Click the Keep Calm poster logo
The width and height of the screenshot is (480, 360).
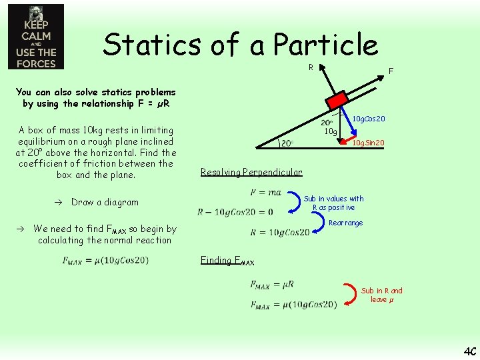pyautogui.click(x=36, y=37)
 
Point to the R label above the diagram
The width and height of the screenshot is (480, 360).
pyautogui.click(x=311, y=67)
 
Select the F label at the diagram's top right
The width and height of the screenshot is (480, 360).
pyautogui.click(x=391, y=71)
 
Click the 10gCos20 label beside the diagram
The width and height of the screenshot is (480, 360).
pyautogui.click(x=369, y=119)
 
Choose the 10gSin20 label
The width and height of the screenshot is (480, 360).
pyautogui.click(x=368, y=143)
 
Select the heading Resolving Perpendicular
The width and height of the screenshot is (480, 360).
pyautogui.click(x=251, y=172)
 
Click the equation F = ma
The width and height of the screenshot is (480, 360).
pyautogui.click(x=265, y=193)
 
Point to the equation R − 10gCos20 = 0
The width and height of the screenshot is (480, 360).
pyautogui.click(x=235, y=212)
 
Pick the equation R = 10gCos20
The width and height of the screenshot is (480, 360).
pyautogui.click(x=280, y=233)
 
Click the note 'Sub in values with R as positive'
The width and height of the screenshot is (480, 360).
pyautogui.click(x=333, y=203)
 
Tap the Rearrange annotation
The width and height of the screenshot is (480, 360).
pyautogui.click(x=345, y=223)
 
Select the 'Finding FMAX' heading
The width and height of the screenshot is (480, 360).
pyautogui.click(x=227, y=261)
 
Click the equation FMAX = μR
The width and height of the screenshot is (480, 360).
pyautogui.click(x=272, y=285)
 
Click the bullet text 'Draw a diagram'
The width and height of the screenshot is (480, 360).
pyautogui.click(x=105, y=202)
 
